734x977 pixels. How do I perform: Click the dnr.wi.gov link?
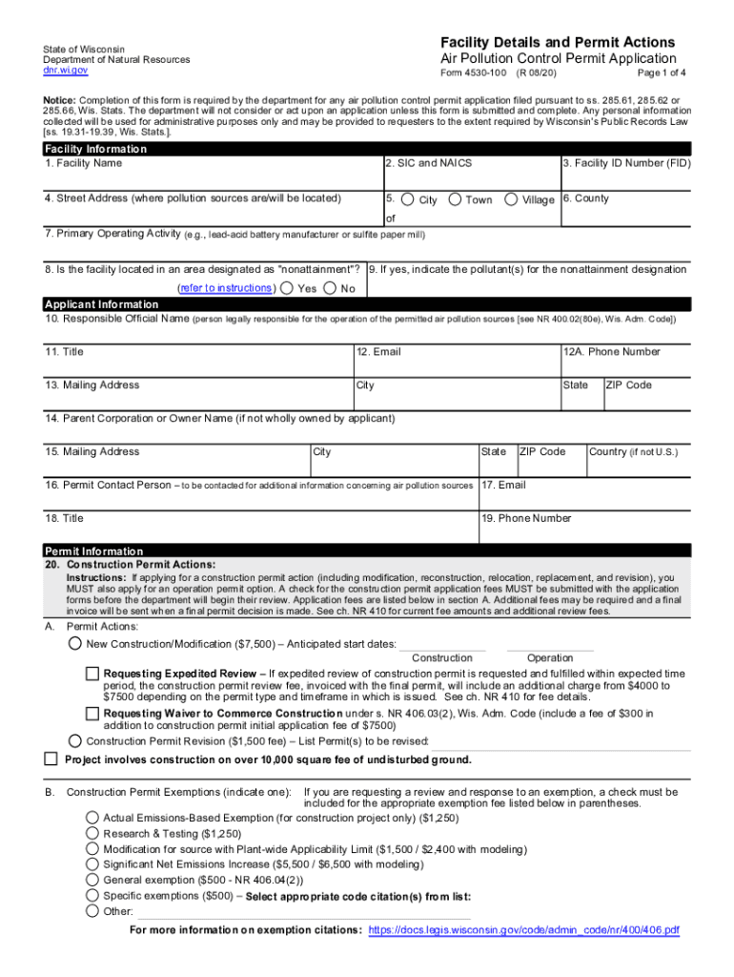click(x=65, y=71)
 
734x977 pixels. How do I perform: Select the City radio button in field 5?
click(x=407, y=199)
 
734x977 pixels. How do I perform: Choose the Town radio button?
click(x=455, y=199)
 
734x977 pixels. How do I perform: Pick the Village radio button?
click(x=511, y=199)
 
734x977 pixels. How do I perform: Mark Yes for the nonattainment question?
click(x=286, y=288)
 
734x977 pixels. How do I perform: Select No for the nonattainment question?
click(x=330, y=288)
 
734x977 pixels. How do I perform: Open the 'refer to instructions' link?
click(x=227, y=288)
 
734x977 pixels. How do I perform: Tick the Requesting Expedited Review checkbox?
click(x=92, y=674)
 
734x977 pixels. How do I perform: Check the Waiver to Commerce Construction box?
click(x=92, y=713)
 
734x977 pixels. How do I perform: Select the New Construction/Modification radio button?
click(x=74, y=644)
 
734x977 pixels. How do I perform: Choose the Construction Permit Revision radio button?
click(x=74, y=740)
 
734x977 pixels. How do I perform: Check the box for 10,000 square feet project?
click(x=51, y=759)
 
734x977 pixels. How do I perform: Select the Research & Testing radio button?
click(x=92, y=833)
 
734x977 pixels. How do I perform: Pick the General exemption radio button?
click(x=92, y=880)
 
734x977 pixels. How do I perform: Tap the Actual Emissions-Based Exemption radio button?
click(x=92, y=818)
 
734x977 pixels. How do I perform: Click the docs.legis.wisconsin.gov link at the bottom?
click(x=523, y=929)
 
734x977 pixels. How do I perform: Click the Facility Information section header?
click(x=96, y=150)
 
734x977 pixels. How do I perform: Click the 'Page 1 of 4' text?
click(x=647, y=73)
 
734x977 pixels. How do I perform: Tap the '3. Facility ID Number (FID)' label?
click(x=626, y=163)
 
